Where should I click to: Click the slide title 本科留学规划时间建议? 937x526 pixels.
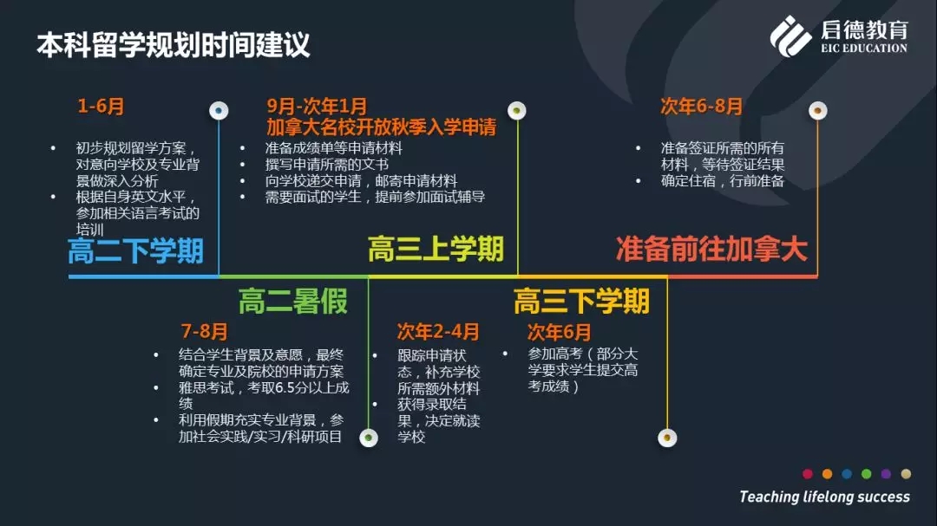[x=174, y=45]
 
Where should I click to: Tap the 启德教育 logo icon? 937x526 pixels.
[x=790, y=36]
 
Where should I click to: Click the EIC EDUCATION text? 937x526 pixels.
[x=864, y=48]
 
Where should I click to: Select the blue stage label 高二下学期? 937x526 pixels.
[x=135, y=250]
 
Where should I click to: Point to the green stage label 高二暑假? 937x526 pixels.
[x=293, y=301]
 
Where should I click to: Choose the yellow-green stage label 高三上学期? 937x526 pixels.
[x=436, y=249]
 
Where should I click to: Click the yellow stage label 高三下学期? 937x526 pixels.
[x=581, y=301]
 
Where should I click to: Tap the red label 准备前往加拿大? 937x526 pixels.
[x=711, y=249]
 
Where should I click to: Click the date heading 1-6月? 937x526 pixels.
[x=101, y=107]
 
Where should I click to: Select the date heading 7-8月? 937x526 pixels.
[x=205, y=331]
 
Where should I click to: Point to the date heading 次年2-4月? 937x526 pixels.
[x=438, y=331]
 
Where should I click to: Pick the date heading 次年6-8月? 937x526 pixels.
[x=702, y=107]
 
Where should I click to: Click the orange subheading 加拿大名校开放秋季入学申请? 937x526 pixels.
[x=381, y=127]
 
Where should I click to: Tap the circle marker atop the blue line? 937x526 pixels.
[x=219, y=110]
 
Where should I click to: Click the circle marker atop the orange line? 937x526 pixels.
[x=818, y=110]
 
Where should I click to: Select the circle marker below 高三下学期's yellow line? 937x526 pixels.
[x=667, y=438]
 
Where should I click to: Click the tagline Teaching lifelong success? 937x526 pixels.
[x=825, y=497]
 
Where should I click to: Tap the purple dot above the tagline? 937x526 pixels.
[x=886, y=474]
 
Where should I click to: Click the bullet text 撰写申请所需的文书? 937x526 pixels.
[x=327, y=164]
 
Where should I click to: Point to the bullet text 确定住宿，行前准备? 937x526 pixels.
[x=723, y=181]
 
